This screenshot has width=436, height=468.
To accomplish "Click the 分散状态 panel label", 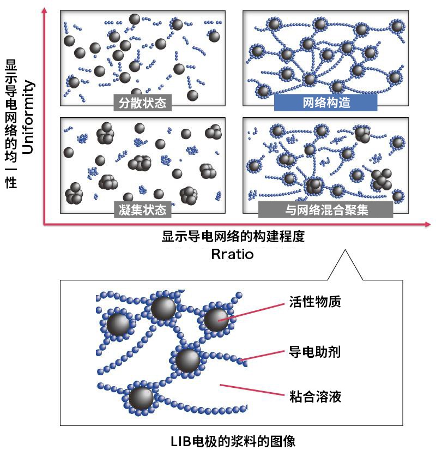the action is [142, 103].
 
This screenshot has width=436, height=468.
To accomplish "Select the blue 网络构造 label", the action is [326, 103].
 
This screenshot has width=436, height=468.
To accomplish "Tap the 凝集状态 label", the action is [142, 209].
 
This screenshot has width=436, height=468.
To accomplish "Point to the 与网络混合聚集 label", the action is [326, 209].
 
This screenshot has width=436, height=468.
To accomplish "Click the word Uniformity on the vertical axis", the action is [28, 117].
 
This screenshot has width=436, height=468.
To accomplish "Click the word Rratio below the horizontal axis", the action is [232, 254].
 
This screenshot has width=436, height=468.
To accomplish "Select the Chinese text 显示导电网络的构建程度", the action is [233, 236].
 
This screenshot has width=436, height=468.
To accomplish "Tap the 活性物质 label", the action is [315, 302].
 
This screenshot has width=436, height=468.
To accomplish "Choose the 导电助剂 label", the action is [315, 352].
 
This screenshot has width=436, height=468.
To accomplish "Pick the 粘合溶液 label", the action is [315, 397].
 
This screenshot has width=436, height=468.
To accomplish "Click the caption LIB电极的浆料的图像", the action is [233, 441].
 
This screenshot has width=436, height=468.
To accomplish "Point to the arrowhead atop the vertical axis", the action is [45, 10].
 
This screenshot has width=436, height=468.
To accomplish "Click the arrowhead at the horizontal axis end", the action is [428, 224].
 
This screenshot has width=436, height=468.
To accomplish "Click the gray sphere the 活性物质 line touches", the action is [216, 319].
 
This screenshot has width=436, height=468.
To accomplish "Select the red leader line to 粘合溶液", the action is [252, 390].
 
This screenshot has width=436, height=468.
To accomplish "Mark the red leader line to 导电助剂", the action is [262, 356].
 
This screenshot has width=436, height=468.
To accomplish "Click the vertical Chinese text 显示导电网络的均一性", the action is [11, 124].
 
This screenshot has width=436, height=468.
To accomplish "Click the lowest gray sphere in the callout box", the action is [141, 398].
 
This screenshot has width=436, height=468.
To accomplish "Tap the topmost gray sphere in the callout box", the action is [163, 308].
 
